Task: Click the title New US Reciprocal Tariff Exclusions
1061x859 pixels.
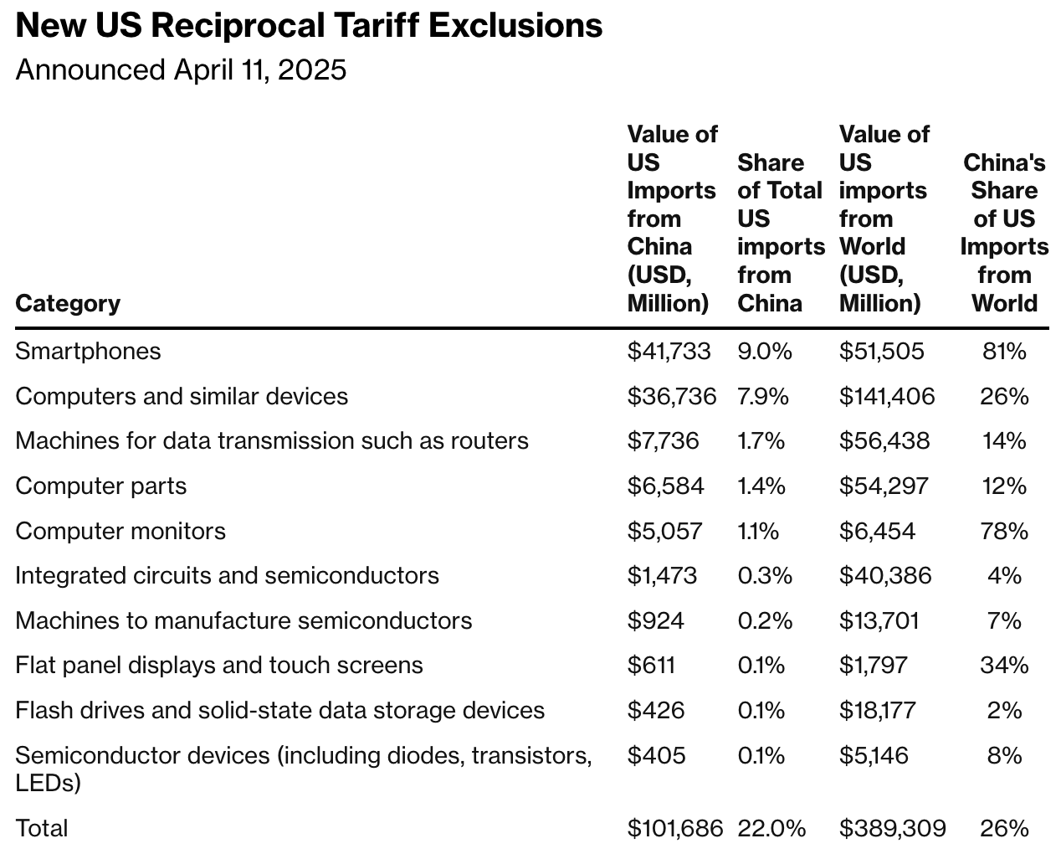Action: coord(309,26)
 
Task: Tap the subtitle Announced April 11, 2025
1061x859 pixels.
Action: coord(181,69)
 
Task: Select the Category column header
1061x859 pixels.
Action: coord(68,303)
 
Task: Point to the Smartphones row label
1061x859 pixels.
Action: coord(88,351)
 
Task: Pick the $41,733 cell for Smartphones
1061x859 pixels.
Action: coord(669,351)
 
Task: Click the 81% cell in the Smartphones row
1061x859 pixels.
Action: coord(1004,351)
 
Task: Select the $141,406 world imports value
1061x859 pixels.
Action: coord(886,396)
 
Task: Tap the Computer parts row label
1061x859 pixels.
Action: coord(101,486)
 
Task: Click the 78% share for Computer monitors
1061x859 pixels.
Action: coord(1004,531)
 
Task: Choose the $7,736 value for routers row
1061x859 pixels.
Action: coord(663,441)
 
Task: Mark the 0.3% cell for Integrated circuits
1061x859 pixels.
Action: coord(764,576)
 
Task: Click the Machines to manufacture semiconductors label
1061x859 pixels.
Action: coord(243,620)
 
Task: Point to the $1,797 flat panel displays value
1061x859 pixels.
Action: coord(874,666)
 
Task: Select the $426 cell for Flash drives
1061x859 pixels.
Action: coord(655,710)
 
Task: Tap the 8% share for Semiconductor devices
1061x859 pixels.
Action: coord(1004,755)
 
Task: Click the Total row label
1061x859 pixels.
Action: coord(42,828)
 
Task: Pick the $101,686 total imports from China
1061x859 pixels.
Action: coord(674,828)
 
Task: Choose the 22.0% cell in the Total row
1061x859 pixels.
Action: coord(771,828)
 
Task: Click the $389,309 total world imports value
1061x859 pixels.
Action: coord(892,828)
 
